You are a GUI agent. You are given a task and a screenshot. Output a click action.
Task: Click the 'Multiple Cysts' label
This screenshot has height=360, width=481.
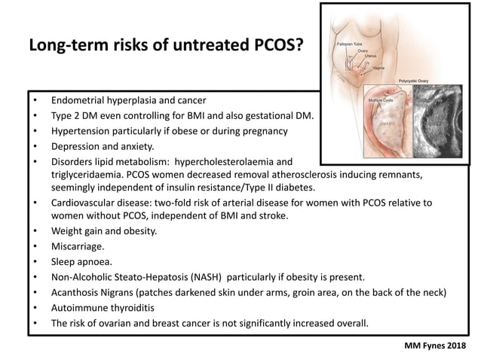point(381,99)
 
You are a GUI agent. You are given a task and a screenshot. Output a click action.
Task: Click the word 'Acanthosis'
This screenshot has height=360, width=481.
point(78,292)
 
